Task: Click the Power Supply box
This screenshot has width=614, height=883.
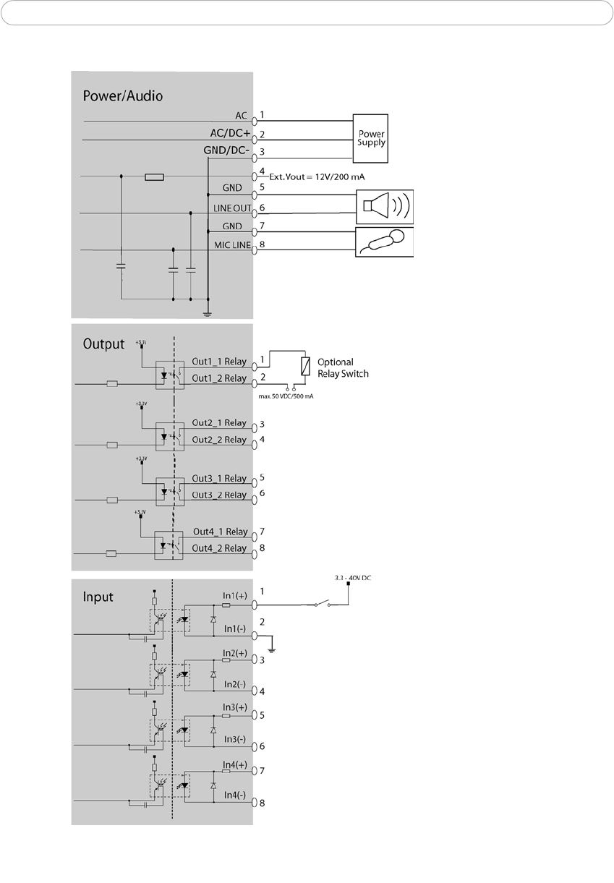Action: click(x=370, y=137)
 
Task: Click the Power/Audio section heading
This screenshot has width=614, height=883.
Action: click(x=121, y=95)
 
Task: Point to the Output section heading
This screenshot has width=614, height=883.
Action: click(x=103, y=344)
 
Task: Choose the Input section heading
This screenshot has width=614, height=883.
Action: click(x=98, y=597)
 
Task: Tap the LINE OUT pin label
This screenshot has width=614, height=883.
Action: click(x=231, y=208)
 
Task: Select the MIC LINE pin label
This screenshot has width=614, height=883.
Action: click(x=232, y=245)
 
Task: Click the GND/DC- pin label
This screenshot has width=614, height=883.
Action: click(x=227, y=150)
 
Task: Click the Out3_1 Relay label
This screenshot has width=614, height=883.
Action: click(x=220, y=479)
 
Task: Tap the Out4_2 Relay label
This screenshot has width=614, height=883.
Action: click(x=220, y=548)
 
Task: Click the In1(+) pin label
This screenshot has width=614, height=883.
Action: click(x=234, y=594)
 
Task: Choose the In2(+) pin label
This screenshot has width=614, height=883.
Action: click(x=234, y=652)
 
